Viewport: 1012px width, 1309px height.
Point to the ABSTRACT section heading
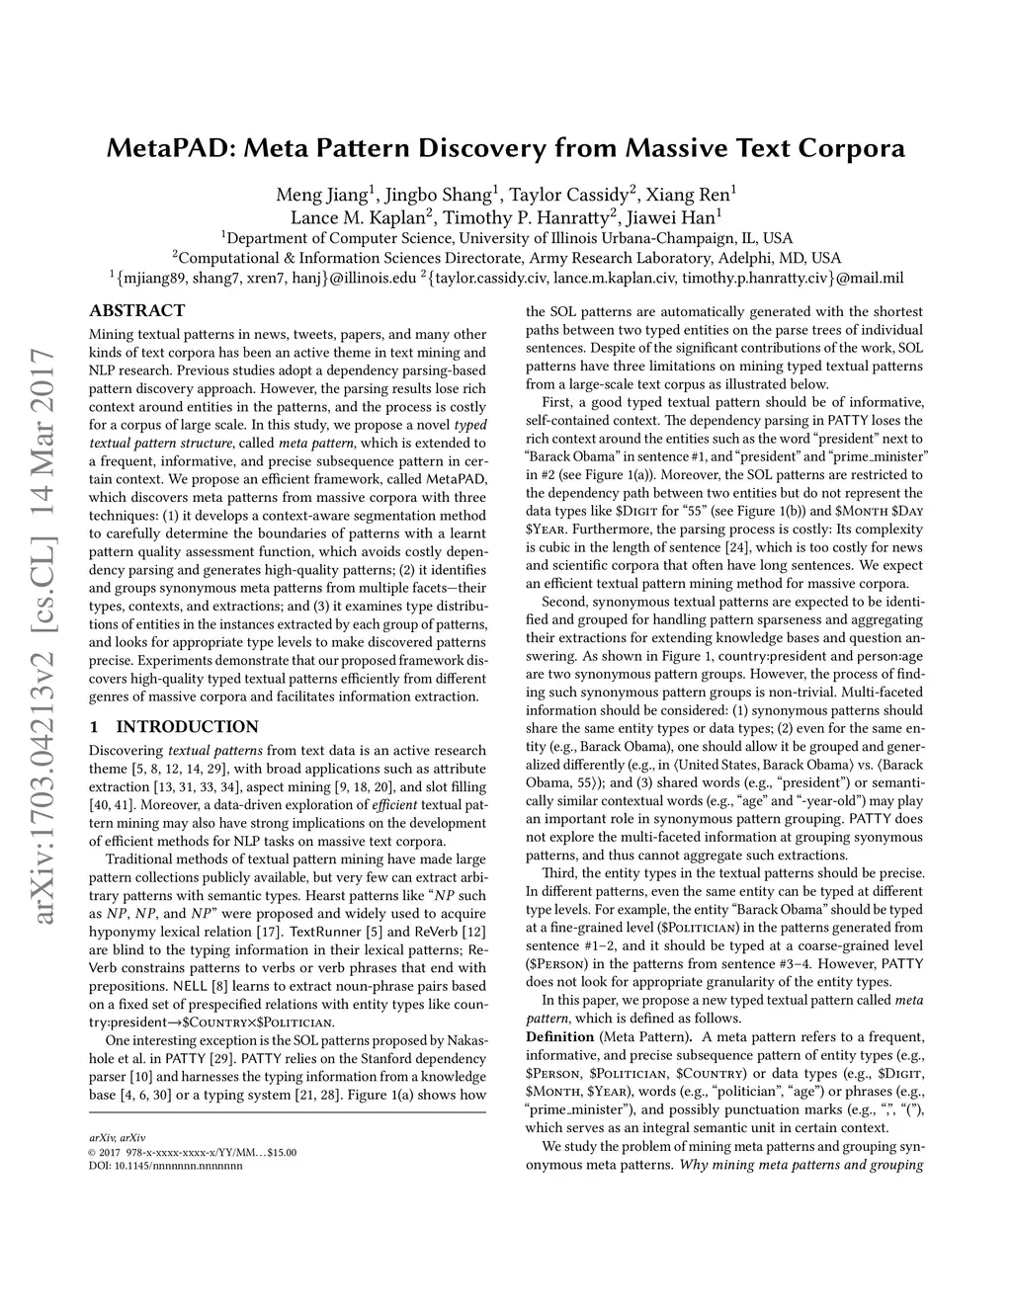click(137, 310)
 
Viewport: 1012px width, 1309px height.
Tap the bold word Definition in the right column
click(558, 1036)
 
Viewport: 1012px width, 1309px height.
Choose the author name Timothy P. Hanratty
click(529, 216)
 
